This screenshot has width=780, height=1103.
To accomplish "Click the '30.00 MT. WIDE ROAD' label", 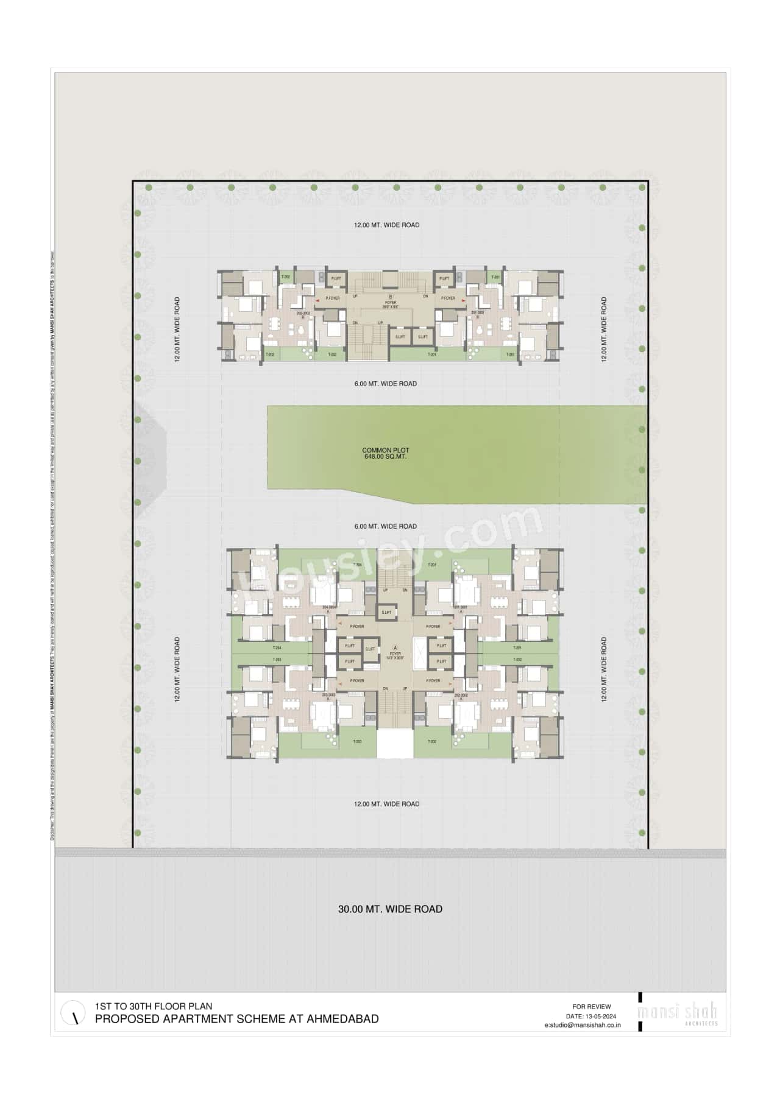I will (x=390, y=909).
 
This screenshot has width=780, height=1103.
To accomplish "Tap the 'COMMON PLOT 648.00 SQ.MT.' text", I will (x=385, y=453).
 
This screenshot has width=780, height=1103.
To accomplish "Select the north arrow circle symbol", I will (x=73, y=1013).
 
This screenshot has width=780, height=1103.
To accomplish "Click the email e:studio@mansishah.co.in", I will (x=583, y=1025).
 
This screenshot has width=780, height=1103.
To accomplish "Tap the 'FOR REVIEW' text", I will (x=591, y=1006).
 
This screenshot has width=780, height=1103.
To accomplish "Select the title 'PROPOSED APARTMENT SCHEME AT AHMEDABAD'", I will (x=236, y=1019).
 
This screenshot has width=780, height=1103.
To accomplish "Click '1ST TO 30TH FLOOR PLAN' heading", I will (x=154, y=1006).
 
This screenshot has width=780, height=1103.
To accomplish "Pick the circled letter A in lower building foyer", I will (x=395, y=647).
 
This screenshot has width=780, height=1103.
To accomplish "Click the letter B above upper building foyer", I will (x=391, y=297).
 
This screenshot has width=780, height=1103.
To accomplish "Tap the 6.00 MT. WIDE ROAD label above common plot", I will (x=386, y=384).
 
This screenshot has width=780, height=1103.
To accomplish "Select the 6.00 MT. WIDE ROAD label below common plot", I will (x=386, y=526).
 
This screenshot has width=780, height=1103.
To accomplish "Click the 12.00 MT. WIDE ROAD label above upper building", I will (x=386, y=225).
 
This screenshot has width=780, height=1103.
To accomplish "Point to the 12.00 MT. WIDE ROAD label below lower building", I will (x=386, y=804).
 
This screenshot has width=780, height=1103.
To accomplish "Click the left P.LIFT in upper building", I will (x=336, y=278).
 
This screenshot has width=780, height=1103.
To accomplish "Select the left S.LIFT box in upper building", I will (x=400, y=337).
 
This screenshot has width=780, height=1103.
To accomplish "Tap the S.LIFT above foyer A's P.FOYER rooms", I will (x=386, y=613).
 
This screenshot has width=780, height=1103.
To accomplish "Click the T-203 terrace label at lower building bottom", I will (x=358, y=741).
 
